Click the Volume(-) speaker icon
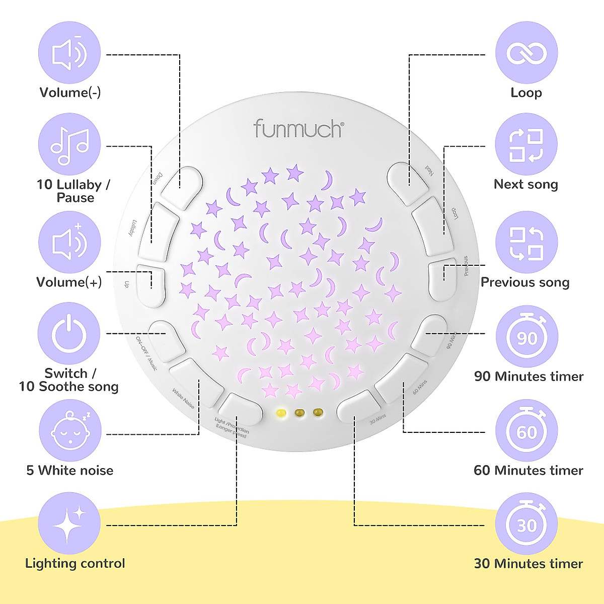(69, 53)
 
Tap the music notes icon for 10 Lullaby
(69, 144)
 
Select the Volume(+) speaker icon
(69, 242)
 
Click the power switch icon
(69, 334)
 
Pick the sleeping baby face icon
(70, 431)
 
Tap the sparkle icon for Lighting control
(69, 523)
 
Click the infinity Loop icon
(526, 53)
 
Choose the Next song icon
(526, 144)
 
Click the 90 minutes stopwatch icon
(526, 336)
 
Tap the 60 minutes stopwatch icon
(526, 431)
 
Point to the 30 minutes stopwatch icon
(526, 524)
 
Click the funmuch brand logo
(298, 128)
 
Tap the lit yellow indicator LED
(281, 413)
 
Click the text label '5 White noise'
(69, 471)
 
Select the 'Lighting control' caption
(75, 563)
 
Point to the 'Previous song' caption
(525, 282)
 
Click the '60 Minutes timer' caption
(528, 471)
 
